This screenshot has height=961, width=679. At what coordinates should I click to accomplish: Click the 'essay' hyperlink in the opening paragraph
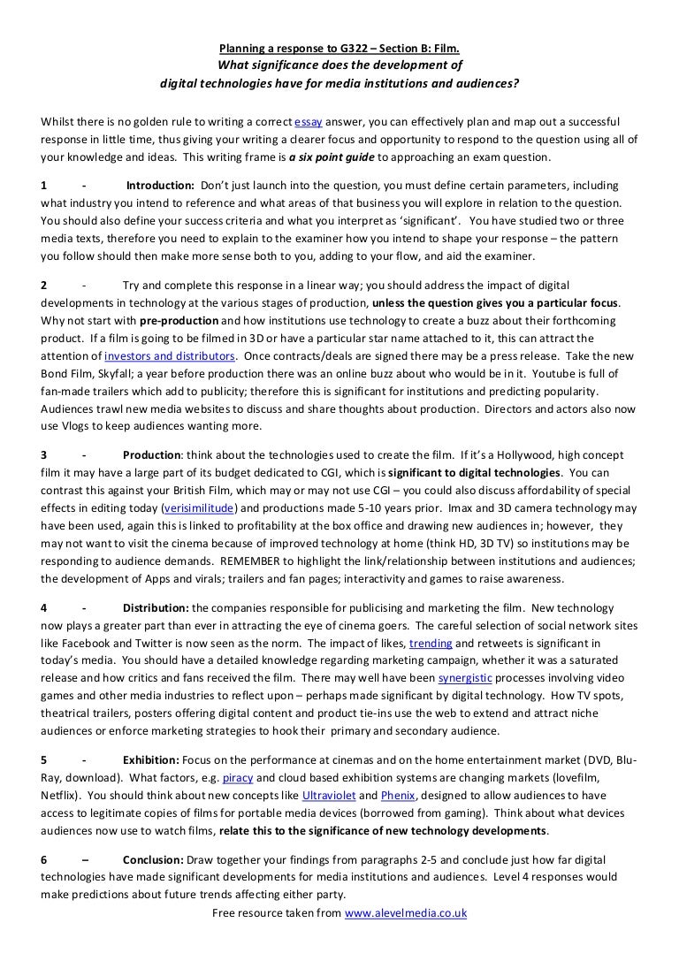[x=309, y=121]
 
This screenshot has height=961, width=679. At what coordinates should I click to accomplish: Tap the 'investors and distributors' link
[x=170, y=355]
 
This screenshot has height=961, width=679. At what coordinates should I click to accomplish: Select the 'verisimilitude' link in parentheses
[x=199, y=508]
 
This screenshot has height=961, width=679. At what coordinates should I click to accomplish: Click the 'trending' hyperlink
[x=431, y=644]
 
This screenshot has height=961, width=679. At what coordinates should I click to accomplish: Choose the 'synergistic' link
[x=465, y=678]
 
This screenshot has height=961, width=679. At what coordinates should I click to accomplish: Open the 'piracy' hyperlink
[x=238, y=779]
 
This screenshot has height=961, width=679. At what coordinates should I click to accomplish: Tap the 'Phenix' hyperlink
[x=398, y=796]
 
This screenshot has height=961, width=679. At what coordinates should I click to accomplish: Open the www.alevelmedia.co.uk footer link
[x=405, y=912]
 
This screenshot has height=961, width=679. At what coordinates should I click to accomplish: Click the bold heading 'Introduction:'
[x=160, y=186]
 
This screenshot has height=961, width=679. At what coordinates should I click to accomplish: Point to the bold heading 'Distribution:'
[x=156, y=609]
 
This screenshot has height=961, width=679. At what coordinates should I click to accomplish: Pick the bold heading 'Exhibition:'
[x=151, y=761]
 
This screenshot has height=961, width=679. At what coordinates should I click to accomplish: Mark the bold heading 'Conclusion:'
[x=153, y=860]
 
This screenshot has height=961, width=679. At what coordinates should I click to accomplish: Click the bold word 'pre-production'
[x=179, y=321]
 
